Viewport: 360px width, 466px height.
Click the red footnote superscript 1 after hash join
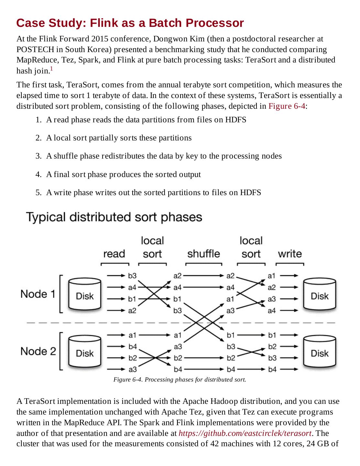pos(51,69)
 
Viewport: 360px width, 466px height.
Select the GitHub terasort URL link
pos(245,433)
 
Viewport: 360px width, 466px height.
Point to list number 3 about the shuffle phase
pos(38,156)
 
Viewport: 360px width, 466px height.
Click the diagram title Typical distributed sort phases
pos(114,217)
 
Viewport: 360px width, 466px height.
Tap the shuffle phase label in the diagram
pos(203,254)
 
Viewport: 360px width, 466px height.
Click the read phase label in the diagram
pos(114,254)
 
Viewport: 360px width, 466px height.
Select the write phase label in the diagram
pos(289,254)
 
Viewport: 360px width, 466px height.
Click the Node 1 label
pos(38,294)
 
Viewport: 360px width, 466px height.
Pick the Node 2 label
pos(38,351)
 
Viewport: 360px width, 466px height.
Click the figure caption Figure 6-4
pos(180,379)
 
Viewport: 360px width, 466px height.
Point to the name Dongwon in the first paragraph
pos(168,39)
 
